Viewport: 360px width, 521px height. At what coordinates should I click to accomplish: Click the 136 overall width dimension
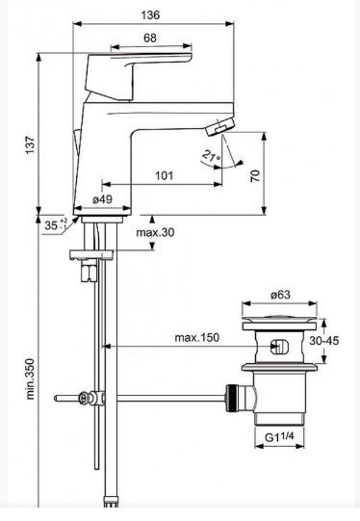(x=150, y=15)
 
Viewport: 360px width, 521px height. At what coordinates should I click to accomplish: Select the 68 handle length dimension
(x=150, y=38)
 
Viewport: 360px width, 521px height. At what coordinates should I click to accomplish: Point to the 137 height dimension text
(x=30, y=144)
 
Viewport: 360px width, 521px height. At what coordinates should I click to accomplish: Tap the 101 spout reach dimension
(x=165, y=175)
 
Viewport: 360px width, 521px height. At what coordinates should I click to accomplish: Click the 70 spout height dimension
(x=255, y=175)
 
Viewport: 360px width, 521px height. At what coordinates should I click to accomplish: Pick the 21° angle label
(x=211, y=155)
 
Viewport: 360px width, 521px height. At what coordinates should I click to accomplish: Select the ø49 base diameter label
(x=103, y=199)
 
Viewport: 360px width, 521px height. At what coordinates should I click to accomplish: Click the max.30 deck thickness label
(x=155, y=232)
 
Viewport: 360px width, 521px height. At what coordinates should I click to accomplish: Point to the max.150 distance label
(x=197, y=338)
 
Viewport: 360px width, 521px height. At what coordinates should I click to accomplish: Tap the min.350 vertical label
(x=30, y=378)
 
